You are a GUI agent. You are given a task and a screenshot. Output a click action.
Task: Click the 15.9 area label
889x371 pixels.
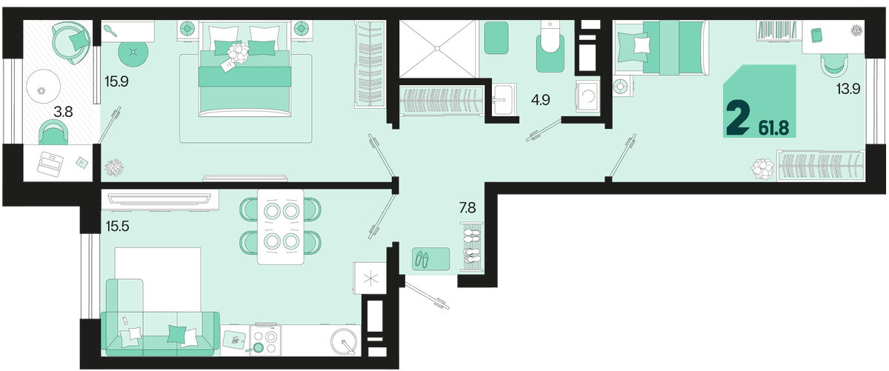[116, 81]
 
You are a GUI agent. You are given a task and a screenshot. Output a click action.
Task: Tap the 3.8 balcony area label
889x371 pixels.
[63, 112]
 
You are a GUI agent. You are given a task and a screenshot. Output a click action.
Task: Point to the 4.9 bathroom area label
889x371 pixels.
[541, 99]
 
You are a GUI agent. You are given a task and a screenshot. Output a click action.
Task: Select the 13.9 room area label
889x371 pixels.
[848, 88]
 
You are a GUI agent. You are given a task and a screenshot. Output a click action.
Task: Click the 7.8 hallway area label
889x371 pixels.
[467, 207]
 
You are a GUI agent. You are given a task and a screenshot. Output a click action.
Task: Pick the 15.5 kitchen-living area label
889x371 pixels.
[118, 226]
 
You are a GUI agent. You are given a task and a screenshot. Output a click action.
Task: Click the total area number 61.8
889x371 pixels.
[773, 128]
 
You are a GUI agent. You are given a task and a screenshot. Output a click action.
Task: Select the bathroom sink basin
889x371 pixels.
[504, 99]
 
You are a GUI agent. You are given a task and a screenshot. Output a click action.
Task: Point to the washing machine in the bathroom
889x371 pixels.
[587, 96]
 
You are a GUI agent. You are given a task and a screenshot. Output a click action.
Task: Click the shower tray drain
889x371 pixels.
[437, 48]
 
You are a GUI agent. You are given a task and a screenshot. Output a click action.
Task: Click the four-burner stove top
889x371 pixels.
[265, 341]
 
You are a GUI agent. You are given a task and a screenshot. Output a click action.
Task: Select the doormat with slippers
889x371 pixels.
[430, 259]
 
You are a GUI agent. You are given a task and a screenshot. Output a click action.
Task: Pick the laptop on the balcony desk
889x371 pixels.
[50, 163]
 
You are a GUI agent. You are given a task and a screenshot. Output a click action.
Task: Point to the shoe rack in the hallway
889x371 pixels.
[471, 247]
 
